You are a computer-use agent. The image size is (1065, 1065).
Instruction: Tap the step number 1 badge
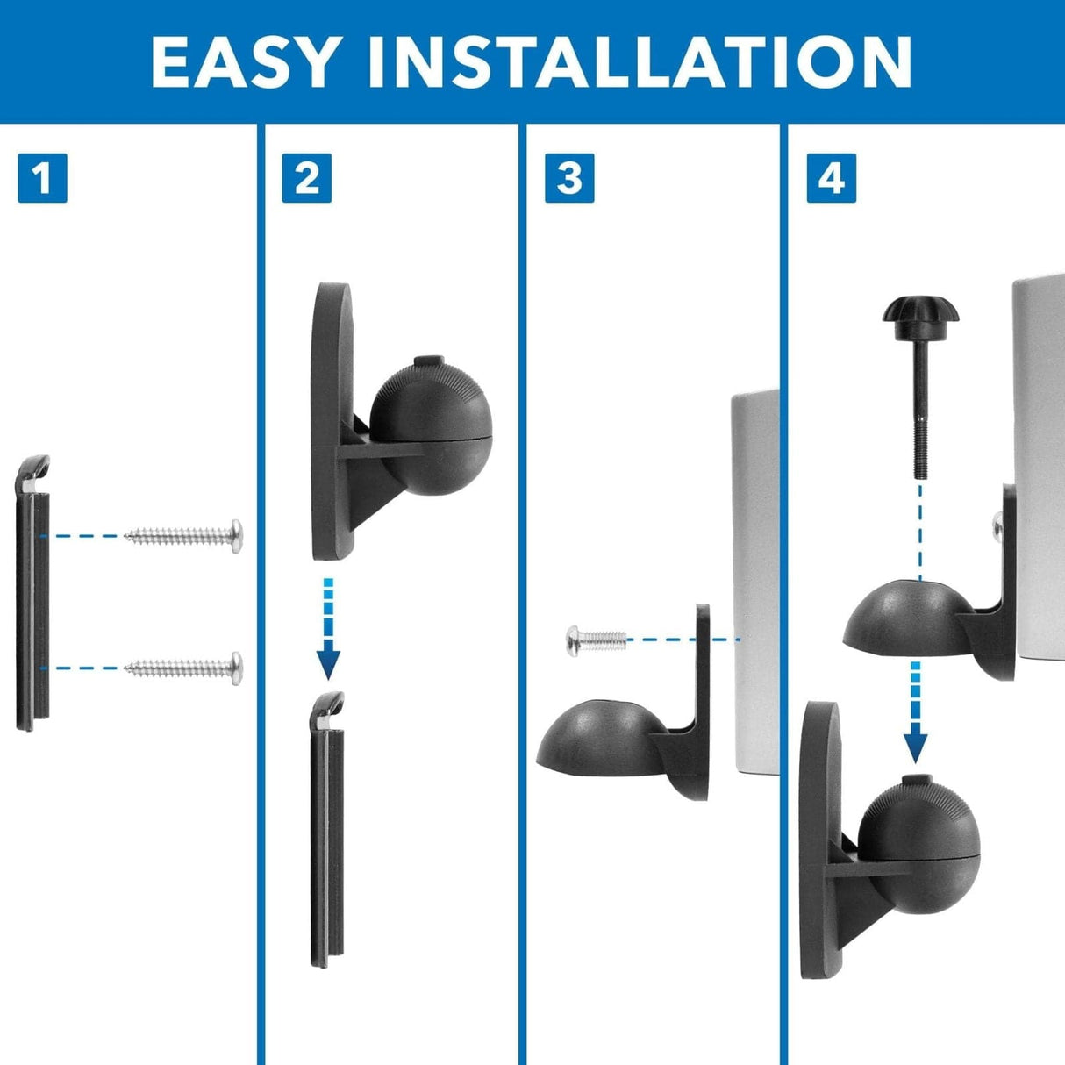pyautogui.click(x=42, y=178)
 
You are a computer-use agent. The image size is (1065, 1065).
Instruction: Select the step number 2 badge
pyautogui.click(x=306, y=178)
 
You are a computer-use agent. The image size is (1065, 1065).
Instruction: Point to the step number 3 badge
pyautogui.click(x=569, y=178)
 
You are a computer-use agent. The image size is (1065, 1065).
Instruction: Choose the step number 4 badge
pyautogui.click(x=831, y=178)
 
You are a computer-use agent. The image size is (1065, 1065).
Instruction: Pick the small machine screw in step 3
pyautogui.click(x=596, y=640)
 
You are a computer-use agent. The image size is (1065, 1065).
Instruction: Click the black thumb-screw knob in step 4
pyautogui.click(x=920, y=311)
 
